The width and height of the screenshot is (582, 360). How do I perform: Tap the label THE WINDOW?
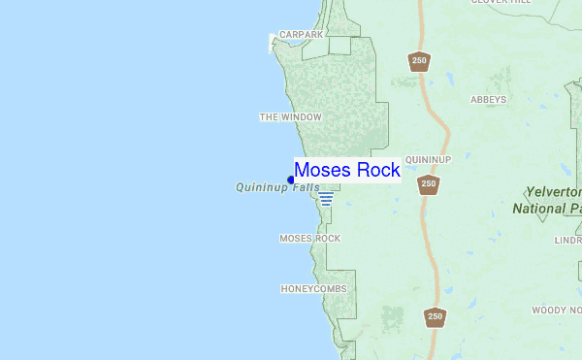[290, 117]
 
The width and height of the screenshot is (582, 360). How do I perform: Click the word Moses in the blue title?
[323, 170]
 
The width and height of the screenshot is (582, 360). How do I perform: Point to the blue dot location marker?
[291, 180]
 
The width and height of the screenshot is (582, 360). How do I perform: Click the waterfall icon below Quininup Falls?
[326, 199]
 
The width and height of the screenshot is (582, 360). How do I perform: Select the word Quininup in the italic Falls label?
[258, 187]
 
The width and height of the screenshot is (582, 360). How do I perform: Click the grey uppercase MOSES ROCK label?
[310, 238]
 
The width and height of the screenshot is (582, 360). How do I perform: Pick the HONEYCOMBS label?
[313, 289]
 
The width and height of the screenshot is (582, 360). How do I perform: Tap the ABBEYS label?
[489, 99]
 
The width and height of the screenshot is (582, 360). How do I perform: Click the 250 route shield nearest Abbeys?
[418, 60]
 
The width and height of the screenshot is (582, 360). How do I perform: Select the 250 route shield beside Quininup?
[429, 182]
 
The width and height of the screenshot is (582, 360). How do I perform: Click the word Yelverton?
[552, 192]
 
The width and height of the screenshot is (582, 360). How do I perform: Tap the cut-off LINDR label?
[567, 240]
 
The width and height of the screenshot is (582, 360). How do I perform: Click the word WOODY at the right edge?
[549, 311]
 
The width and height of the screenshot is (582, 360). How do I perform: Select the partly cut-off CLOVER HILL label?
[502, 2]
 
